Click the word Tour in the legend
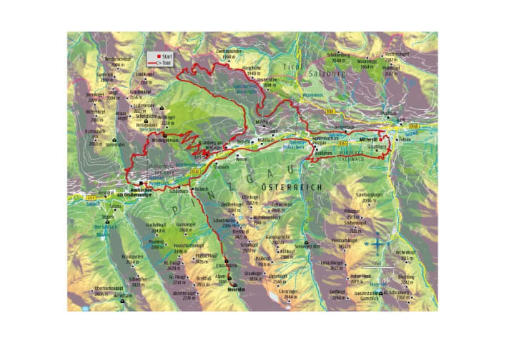tap(167, 62)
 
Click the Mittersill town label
tap(368, 141)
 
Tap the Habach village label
tap(202, 189)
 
